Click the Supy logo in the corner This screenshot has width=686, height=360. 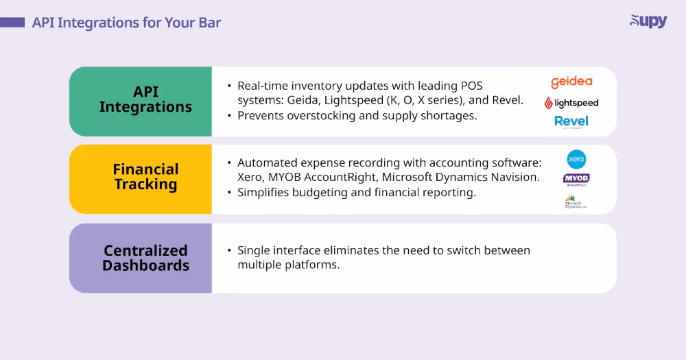tap(648, 21)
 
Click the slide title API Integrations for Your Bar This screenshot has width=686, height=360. tap(126, 23)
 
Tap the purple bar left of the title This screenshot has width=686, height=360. tap(12, 23)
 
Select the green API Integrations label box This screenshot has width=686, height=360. tap(141, 101)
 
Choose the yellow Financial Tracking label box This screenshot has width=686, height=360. tap(141, 178)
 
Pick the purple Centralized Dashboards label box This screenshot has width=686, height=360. tap(141, 258)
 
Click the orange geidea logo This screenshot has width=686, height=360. tap(571, 82)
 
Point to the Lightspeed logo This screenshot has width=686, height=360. tap(571, 103)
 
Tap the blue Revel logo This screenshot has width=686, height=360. tap(571, 122)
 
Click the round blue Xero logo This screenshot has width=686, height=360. tap(576, 160)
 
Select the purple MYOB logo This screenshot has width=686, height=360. tap(576, 180)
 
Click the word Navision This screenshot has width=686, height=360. tap(517, 178)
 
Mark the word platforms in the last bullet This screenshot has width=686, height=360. tap(314, 265)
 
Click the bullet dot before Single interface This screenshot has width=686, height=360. tap(229, 251)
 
